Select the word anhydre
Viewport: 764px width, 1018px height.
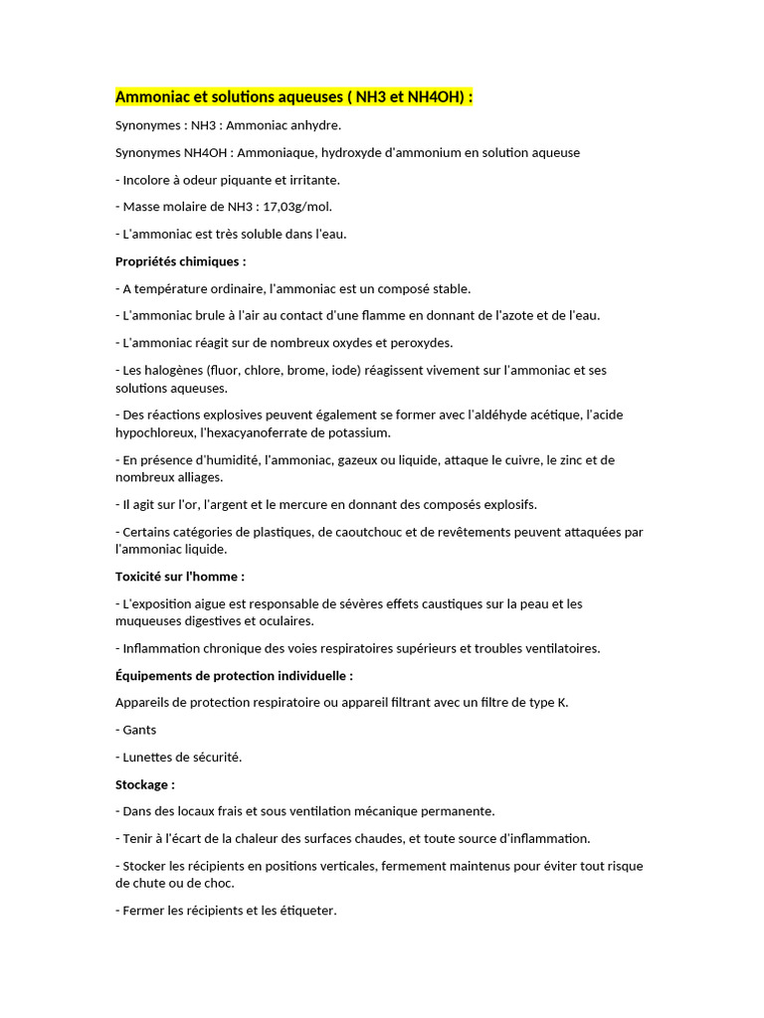tap(313, 125)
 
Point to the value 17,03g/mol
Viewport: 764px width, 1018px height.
tap(297, 207)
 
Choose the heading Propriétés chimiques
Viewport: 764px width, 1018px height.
tap(179, 261)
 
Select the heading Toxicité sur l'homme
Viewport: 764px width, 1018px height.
tap(179, 576)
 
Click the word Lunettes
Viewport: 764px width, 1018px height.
tap(149, 757)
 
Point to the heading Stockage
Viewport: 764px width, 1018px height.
tap(144, 784)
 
